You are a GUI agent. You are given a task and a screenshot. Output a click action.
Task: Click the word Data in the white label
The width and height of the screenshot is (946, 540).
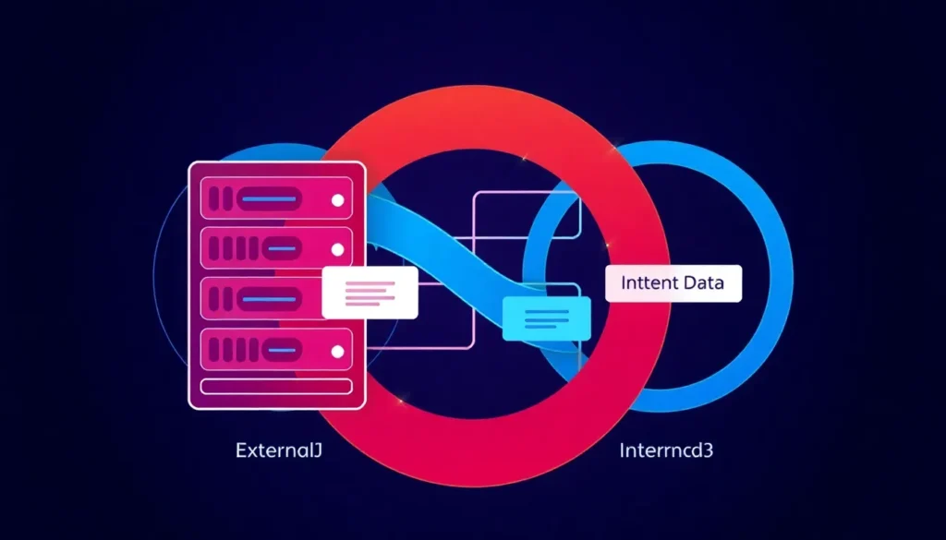click(x=701, y=284)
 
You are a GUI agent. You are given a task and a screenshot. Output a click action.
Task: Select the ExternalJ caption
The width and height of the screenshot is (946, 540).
click(x=277, y=451)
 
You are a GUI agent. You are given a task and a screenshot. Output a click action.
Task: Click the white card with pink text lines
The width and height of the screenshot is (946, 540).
click(x=370, y=293)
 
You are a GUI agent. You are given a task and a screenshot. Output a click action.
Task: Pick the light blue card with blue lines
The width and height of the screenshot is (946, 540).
click(x=547, y=318)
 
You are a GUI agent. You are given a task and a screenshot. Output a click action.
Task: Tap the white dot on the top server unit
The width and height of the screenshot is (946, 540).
click(x=337, y=199)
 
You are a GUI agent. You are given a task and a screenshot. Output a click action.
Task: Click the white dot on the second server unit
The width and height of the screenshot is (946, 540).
click(x=337, y=249)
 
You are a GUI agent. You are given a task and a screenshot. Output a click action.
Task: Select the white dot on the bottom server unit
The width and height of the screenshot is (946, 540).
click(x=337, y=352)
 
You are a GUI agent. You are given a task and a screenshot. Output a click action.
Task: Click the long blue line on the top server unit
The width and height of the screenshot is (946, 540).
click(x=268, y=198)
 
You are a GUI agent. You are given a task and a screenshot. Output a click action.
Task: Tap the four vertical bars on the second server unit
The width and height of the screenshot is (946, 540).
click(x=232, y=249)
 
